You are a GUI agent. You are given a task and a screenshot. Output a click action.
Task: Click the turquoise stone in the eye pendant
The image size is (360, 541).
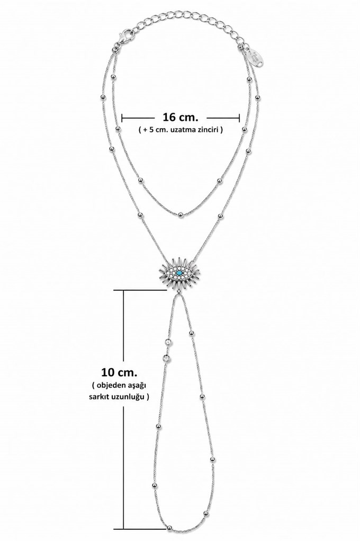179,274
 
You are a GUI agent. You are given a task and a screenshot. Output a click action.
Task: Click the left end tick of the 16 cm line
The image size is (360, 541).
122,118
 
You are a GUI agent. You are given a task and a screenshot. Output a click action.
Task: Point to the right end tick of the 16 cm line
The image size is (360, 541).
239,118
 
